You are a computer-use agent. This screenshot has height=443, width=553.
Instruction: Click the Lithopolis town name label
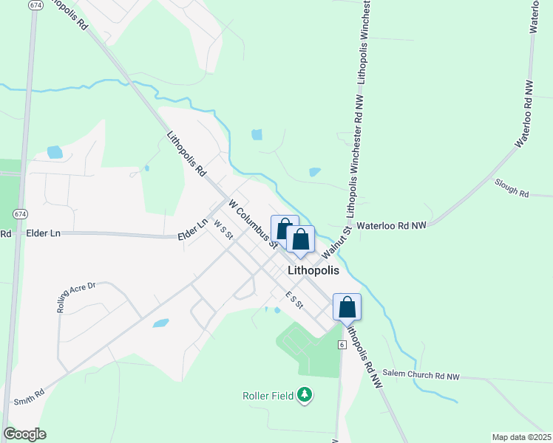[x=318, y=271]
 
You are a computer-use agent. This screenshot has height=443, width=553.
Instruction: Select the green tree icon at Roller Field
[x=304, y=396]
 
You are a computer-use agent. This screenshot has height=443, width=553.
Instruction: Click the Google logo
[x=24, y=434]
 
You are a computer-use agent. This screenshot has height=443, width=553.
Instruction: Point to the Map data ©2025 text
[x=521, y=437]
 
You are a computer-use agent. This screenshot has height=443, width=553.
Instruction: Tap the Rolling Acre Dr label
[x=77, y=295]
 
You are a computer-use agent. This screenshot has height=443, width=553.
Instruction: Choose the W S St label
[x=223, y=230]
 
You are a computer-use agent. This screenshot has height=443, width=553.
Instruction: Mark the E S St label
[x=294, y=299]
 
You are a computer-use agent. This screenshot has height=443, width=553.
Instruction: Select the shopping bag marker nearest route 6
[x=347, y=306]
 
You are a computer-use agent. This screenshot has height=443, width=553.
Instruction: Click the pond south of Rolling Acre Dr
[x=160, y=323]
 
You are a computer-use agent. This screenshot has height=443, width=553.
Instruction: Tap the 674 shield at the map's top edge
[x=35, y=5]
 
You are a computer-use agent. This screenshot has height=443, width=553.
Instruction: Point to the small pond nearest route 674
[x=55, y=152]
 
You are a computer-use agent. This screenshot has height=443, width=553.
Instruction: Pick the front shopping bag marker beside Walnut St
[x=300, y=239]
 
